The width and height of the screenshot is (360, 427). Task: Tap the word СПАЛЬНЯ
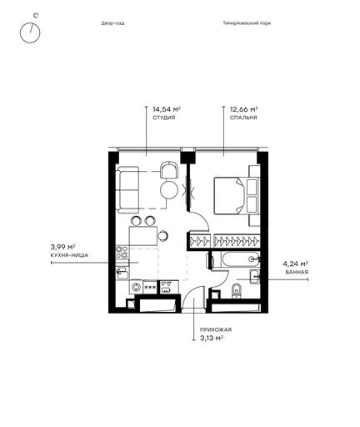(243, 118)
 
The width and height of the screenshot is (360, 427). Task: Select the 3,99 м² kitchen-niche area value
(63, 247)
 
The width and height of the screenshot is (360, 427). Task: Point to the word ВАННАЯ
(297, 272)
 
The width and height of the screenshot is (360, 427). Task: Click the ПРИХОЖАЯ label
(216, 329)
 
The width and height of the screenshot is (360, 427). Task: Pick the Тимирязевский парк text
(247, 23)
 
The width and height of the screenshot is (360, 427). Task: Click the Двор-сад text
(112, 23)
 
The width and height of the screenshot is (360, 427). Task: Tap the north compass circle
(30, 33)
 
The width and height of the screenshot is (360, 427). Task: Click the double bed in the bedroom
(230, 196)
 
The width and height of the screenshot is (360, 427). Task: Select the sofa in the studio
(127, 190)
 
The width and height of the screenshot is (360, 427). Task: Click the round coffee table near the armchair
(169, 190)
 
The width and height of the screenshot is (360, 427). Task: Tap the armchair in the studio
(169, 171)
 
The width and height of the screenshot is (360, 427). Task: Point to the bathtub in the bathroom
(241, 259)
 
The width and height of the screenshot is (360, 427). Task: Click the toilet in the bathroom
(237, 291)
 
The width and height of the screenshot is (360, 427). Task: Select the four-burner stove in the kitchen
(122, 253)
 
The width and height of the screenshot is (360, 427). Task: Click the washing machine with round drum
(136, 287)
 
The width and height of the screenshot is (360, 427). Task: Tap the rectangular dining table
(143, 236)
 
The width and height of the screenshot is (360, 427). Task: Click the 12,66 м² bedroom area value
(244, 108)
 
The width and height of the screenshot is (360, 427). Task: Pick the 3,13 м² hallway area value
(212, 339)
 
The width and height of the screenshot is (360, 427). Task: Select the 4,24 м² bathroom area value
(296, 264)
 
